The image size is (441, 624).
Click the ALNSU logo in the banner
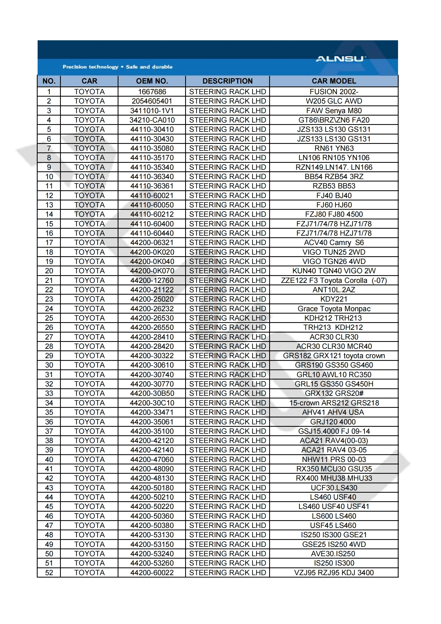click(x=340, y=59)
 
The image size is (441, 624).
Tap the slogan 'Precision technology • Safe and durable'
click(x=117, y=67)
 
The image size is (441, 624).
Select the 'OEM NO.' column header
click(x=152, y=81)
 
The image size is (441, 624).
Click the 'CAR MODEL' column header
click(x=334, y=81)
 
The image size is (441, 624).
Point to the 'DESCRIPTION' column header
click(x=227, y=81)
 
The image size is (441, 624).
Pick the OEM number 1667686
click(x=152, y=92)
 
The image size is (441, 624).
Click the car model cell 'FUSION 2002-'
click(x=334, y=92)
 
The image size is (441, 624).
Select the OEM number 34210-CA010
click(x=152, y=120)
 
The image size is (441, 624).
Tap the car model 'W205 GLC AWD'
click(x=334, y=101)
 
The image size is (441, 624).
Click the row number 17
click(x=49, y=243)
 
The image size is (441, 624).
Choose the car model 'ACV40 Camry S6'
click(x=334, y=243)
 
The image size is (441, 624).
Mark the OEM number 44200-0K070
click(x=152, y=271)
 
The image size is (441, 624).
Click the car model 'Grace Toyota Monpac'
click(x=334, y=309)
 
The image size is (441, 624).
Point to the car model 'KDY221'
click(x=334, y=299)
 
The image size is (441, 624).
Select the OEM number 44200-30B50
click(x=152, y=393)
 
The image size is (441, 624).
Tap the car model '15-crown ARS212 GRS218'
click(x=334, y=403)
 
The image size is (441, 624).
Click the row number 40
click(x=49, y=460)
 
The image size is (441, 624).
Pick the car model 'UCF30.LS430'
click(x=334, y=488)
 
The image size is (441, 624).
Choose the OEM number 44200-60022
click(x=152, y=573)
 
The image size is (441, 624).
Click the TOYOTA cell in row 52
click(x=89, y=573)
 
